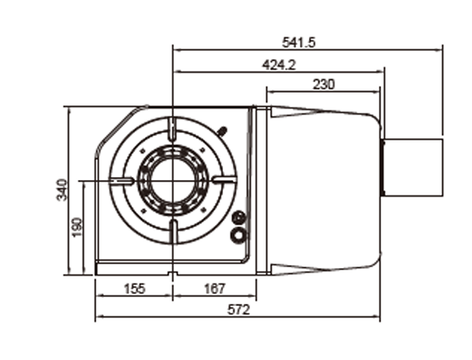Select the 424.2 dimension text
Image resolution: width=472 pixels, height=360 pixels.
[278, 65]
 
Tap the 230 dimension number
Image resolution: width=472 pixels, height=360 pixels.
[323, 84]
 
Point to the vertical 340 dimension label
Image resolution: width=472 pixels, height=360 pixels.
[61, 190]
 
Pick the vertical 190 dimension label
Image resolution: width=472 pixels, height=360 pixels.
[77, 226]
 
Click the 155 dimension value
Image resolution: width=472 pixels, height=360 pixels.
[134, 289]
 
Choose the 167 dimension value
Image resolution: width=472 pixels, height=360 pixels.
[216, 289]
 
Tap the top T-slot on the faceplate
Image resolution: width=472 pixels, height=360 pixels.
[174, 129]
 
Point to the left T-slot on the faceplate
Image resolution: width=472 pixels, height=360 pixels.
[122, 180]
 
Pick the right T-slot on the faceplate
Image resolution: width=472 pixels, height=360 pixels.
[225, 180]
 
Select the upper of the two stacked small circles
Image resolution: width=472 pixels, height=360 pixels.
[240, 218]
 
